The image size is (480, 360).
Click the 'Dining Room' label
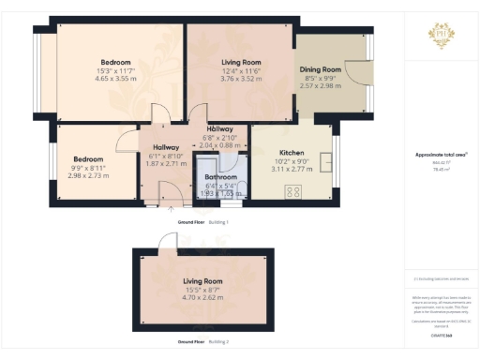(320, 69)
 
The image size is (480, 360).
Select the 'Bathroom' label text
(221, 176)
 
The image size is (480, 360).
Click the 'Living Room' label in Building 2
(202, 281)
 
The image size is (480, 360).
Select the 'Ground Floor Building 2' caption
(202, 342)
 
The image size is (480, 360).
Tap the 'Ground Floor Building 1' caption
(202, 221)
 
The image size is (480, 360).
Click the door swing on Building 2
(166, 241)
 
